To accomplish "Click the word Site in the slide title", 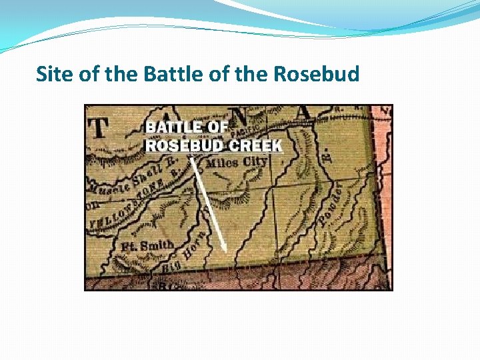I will (x=55, y=73).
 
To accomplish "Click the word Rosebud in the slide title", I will (x=316, y=73).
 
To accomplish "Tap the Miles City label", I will (x=236, y=163).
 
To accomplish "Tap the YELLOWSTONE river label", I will (x=127, y=203).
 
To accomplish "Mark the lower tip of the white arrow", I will (x=226, y=251).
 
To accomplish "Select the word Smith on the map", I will (x=159, y=244).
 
